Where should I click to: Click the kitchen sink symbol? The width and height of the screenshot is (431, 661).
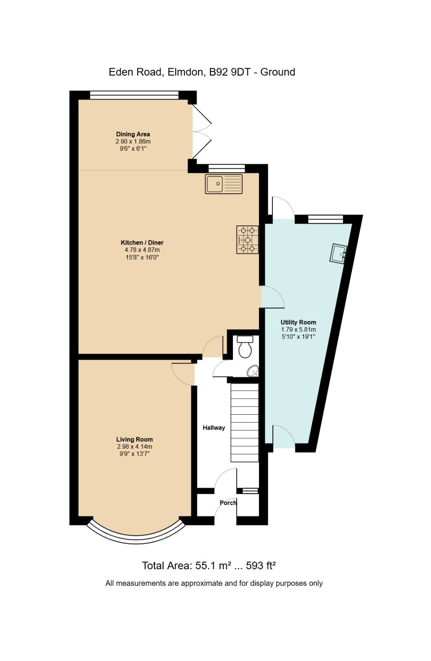tap(223, 184)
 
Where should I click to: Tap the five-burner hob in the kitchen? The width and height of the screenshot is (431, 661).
tap(247, 240)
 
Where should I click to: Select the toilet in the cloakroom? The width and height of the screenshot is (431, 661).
tap(245, 347)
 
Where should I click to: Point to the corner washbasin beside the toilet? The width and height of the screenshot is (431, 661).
tap(253, 371)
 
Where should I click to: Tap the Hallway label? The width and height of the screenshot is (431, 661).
tap(214, 428)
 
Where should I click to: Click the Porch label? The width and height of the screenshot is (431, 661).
tap(228, 503)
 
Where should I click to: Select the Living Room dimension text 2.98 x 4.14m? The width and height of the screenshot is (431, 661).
tap(135, 447)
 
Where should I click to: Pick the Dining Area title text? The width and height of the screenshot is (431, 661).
tap(133, 134)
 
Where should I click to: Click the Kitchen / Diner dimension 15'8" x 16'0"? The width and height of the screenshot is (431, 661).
tap(142, 257)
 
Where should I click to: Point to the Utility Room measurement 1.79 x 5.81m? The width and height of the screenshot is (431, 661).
tap(298, 330)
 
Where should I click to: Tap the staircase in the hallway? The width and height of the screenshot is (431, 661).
tap(244, 423)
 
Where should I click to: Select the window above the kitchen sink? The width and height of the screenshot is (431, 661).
tap(227, 169)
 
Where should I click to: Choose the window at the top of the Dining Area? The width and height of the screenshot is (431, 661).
tap(134, 95)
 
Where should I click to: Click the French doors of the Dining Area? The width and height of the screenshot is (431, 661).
tap(202, 132)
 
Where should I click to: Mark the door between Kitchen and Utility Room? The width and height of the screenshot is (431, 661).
tap(273, 297)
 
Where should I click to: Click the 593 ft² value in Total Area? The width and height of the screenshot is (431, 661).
tap(260, 566)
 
